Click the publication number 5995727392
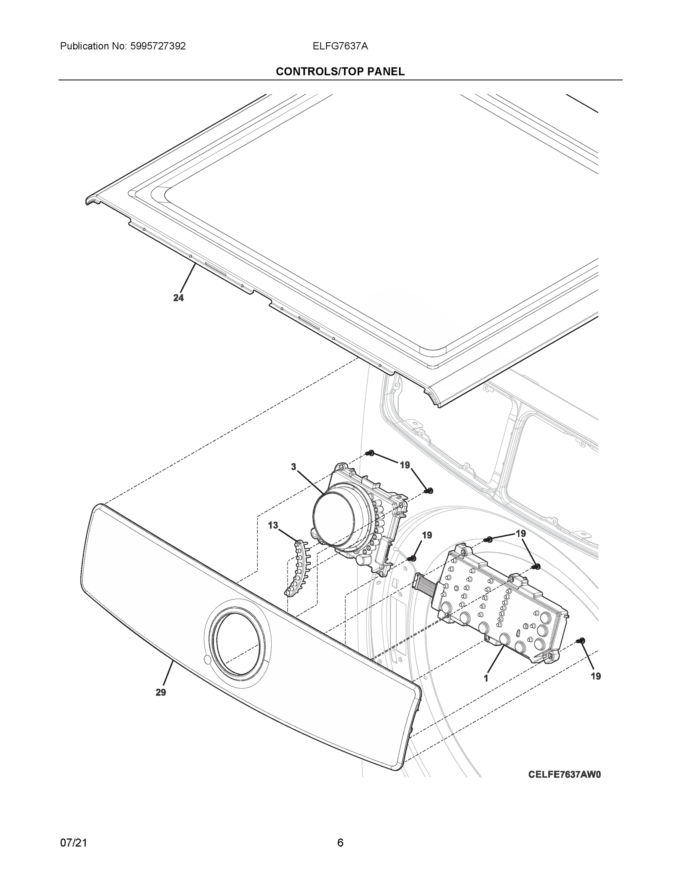pos(158,46)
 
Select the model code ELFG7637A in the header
pos(340,46)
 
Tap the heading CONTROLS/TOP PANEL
pos(340,72)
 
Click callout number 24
pos(178,298)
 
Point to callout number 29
pos(160,693)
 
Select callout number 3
pos(293,467)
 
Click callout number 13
pos(273,525)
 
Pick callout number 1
pos(486,678)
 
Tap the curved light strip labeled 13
pos(296,570)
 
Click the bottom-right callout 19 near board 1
pos(595,677)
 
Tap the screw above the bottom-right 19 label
pos(582,640)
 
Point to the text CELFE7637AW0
pos(564,774)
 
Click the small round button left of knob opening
pos(207,660)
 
